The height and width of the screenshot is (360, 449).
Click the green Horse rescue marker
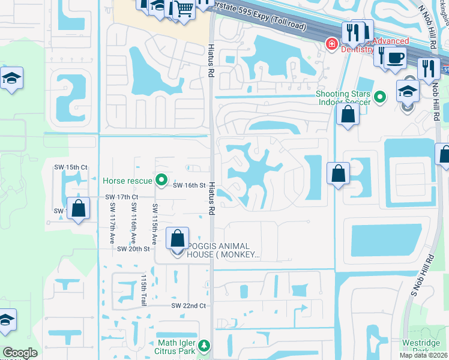click(161, 180)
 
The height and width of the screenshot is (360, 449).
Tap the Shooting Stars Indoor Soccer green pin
click(379, 96)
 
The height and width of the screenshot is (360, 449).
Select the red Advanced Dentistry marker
click(330, 44)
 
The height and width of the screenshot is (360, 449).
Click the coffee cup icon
click(395, 58)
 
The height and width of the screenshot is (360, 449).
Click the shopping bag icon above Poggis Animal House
click(178, 238)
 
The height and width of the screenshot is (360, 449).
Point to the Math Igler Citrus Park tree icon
click(204, 346)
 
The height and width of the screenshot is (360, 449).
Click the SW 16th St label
click(190, 186)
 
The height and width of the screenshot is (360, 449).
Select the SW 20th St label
click(133, 248)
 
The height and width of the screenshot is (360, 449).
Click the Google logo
click(20, 353)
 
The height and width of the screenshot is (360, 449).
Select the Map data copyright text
click(424, 355)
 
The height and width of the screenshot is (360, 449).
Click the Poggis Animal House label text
click(223, 250)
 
